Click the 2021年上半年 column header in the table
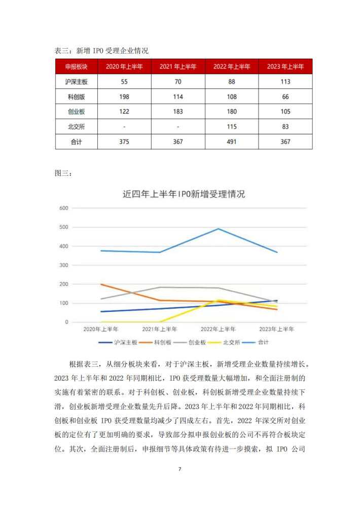point(178,66)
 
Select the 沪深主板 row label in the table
point(76,82)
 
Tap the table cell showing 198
point(124,97)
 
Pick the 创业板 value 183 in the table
point(178,112)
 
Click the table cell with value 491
point(232,142)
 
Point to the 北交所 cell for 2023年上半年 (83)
point(285,127)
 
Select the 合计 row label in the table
point(76,142)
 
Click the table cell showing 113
point(285,82)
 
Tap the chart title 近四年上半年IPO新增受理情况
point(184,194)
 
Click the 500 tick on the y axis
point(63,227)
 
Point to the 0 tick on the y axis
point(66,322)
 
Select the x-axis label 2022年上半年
point(218,329)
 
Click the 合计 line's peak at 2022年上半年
point(219,229)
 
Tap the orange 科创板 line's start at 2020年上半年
point(101,284)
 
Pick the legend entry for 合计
point(256,342)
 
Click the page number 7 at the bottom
point(180,469)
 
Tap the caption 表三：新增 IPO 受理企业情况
point(101,51)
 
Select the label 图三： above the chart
point(63,173)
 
